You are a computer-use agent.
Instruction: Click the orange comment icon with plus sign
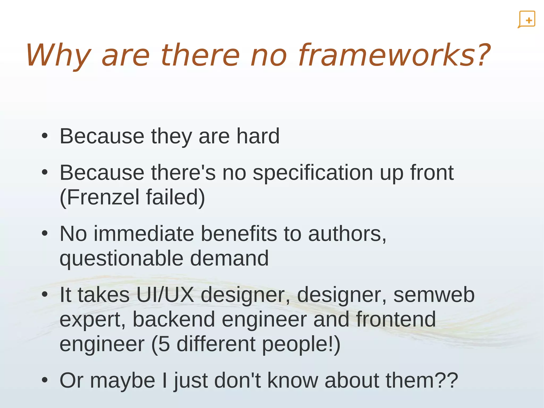point(526,19)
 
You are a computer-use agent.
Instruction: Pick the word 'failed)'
point(176,197)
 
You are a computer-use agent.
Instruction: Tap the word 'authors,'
point(347,234)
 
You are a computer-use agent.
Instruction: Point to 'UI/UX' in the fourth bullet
point(165,295)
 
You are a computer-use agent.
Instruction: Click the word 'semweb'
point(434,295)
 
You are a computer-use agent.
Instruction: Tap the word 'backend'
point(174,319)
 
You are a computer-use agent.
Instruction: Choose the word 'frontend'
point(396,319)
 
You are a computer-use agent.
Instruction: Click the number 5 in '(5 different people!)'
point(164,344)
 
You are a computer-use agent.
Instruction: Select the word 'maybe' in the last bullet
point(122,381)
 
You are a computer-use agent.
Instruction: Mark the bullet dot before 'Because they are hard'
point(45,136)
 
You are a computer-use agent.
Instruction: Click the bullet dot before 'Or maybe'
point(45,381)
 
